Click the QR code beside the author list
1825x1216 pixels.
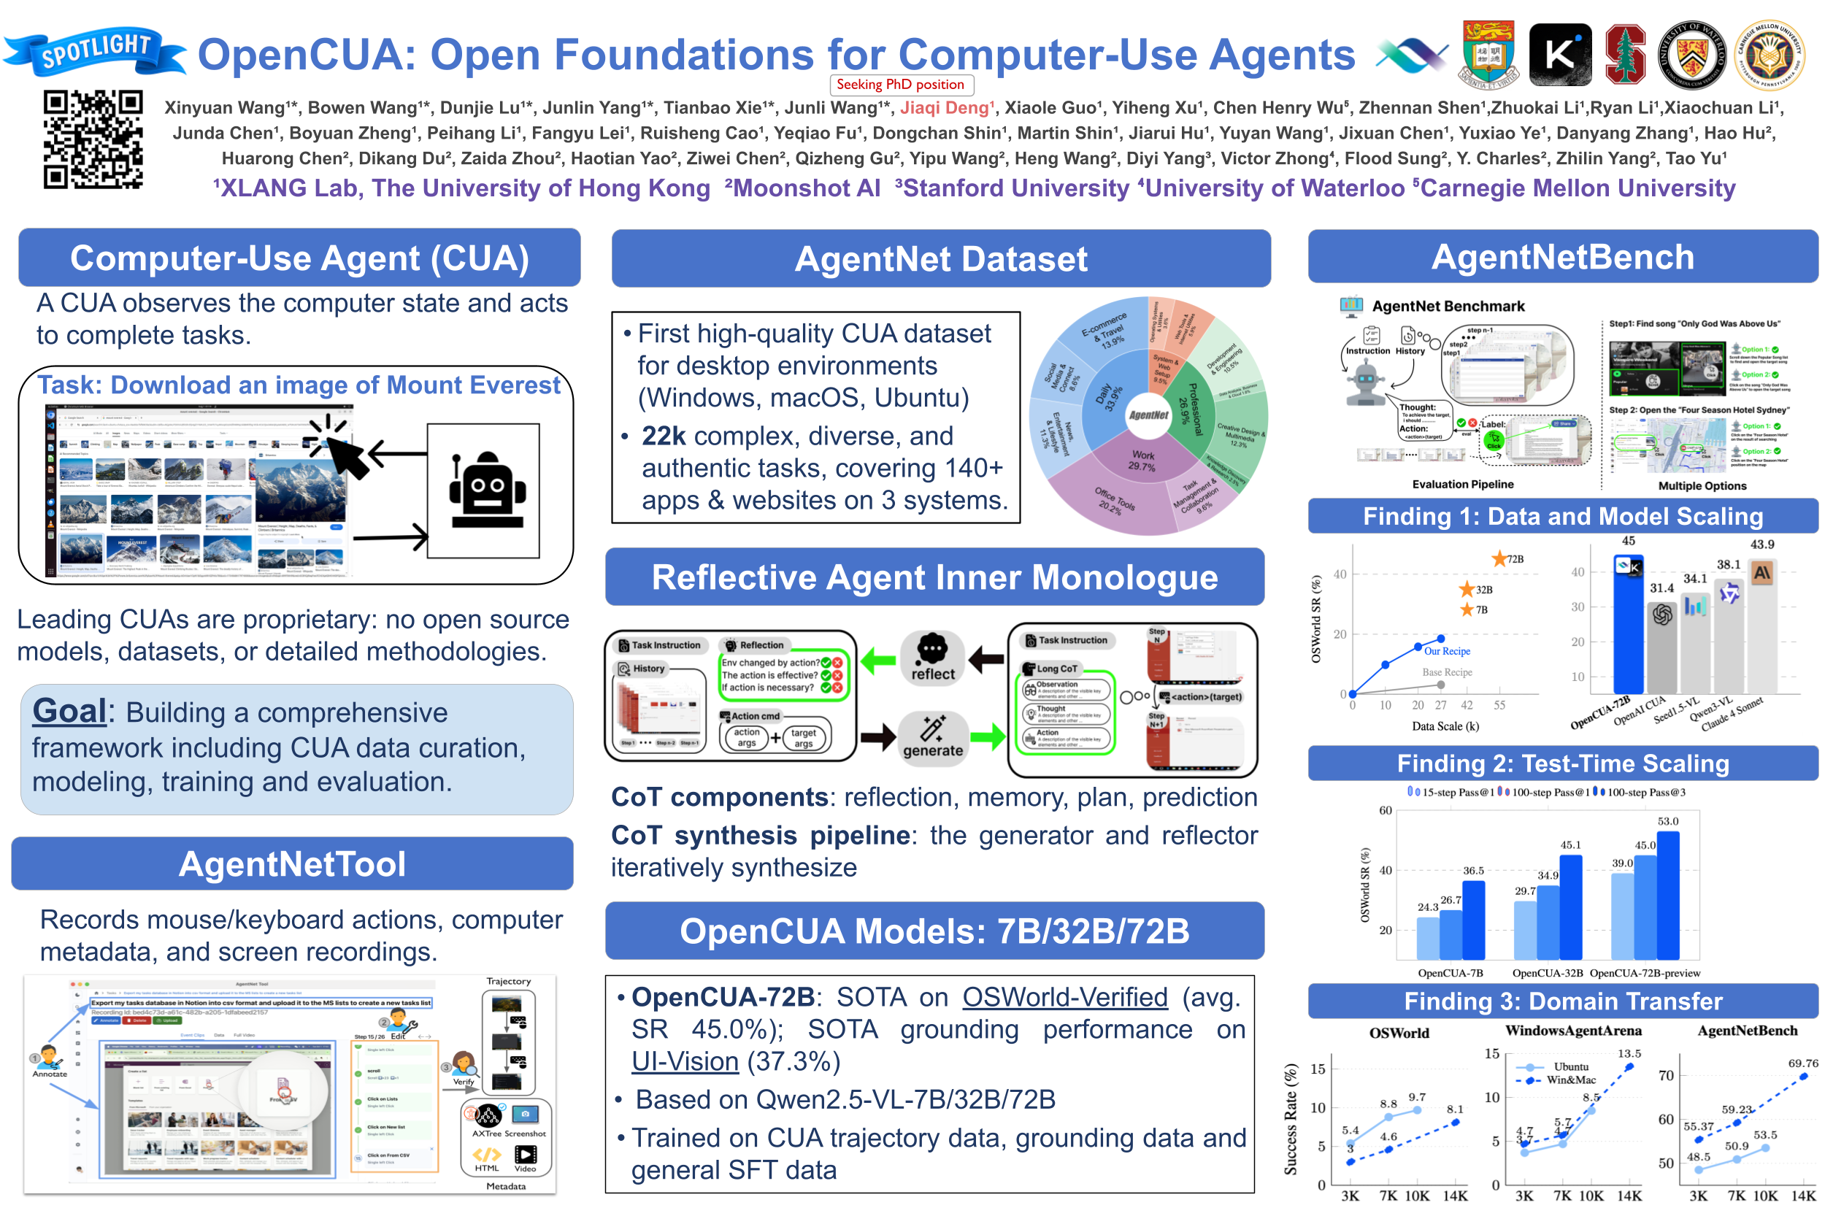tap(92, 139)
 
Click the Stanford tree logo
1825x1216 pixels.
tap(1624, 54)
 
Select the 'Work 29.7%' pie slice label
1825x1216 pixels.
tap(1142, 461)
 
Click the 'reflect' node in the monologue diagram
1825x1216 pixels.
tap(932, 659)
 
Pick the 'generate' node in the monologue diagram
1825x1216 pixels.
tap(932, 739)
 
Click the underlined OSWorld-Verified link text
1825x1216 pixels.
tap(1064, 997)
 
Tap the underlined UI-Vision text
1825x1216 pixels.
tap(684, 1061)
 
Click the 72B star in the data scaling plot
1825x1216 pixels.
tap(1499, 559)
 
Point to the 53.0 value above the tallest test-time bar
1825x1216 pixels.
tap(1667, 821)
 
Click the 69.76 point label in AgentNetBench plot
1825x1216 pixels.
tap(1802, 1063)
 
